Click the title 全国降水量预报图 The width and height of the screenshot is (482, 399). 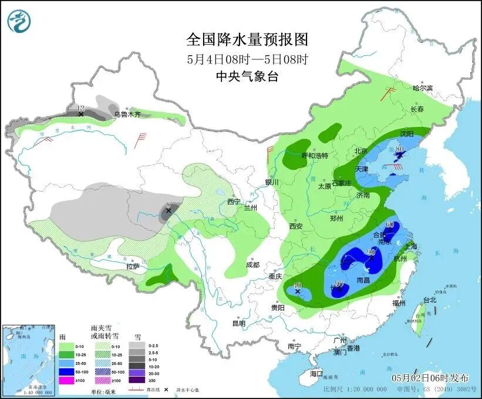(x=247, y=39)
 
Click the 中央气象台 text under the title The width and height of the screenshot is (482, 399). (x=247, y=76)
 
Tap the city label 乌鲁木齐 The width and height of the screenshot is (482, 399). (x=127, y=115)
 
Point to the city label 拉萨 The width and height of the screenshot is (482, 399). (x=132, y=266)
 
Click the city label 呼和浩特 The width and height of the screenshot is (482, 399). (x=314, y=155)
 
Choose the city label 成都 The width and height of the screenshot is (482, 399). (x=253, y=264)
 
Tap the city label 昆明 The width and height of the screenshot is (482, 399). (x=239, y=323)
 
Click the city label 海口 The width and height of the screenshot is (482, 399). (x=316, y=374)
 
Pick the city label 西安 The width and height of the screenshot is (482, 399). (x=295, y=226)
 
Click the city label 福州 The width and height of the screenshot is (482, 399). (x=399, y=303)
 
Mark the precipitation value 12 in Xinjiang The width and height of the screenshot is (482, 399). (x=81, y=108)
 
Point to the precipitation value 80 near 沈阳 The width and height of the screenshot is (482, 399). (x=399, y=149)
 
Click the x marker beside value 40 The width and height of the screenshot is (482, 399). (x=298, y=291)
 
